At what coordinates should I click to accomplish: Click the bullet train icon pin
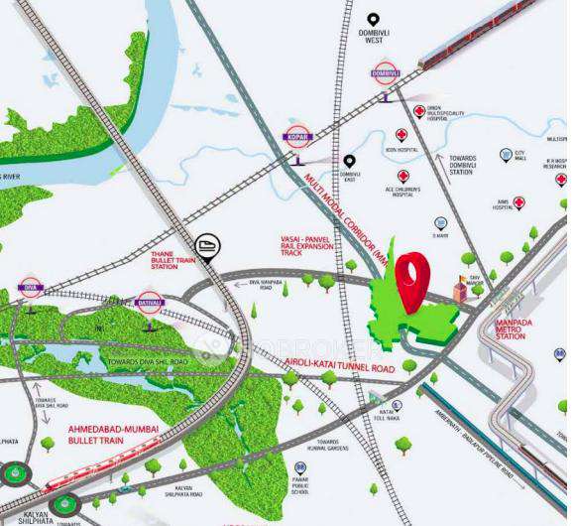(x=207, y=243)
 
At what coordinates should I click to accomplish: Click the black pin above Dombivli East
(x=349, y=161)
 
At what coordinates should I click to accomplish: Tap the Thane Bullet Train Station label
(x=164, y=260)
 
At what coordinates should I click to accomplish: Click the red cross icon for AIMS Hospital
(x=519, y=202)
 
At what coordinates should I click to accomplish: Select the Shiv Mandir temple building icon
(x=460, y=289)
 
